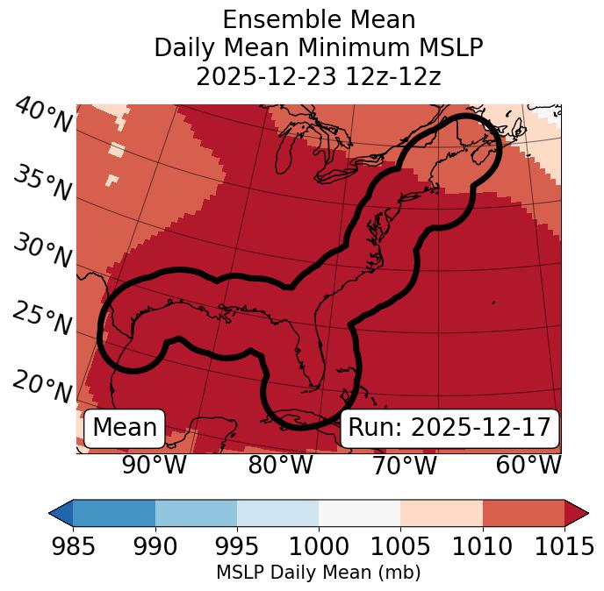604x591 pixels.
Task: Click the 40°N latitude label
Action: [x=43, y=116]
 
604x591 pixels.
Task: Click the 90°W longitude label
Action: [x=155, y=466]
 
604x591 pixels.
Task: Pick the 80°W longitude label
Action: [x=280, y=466]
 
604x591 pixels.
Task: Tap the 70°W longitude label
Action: [x=404, y=466]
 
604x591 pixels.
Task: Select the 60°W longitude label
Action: [x=528, y=466]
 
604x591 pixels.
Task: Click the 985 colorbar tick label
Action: [x=73, y=547]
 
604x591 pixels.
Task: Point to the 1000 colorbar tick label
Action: [x=319, y=547]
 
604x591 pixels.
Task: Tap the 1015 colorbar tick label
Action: [x=564, y=547]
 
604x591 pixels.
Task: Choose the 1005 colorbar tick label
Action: [x=400, y=547]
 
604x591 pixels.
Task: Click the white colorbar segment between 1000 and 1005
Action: [x=359, y=512]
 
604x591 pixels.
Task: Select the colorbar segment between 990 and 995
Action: [x=196, y=512]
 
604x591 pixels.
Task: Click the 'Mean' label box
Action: [x=125, y=428]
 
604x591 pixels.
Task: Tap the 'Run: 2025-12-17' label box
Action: [x=449, y=428]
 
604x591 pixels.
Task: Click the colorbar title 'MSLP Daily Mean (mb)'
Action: [x=319, y=573]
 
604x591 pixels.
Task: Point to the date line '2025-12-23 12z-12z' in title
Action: [x=319, y=76]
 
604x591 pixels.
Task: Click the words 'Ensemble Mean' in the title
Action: [x=319, y=19]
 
